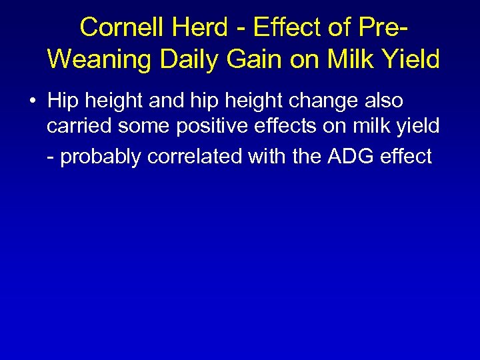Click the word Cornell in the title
coord(121,27)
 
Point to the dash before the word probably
coord(51,157)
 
